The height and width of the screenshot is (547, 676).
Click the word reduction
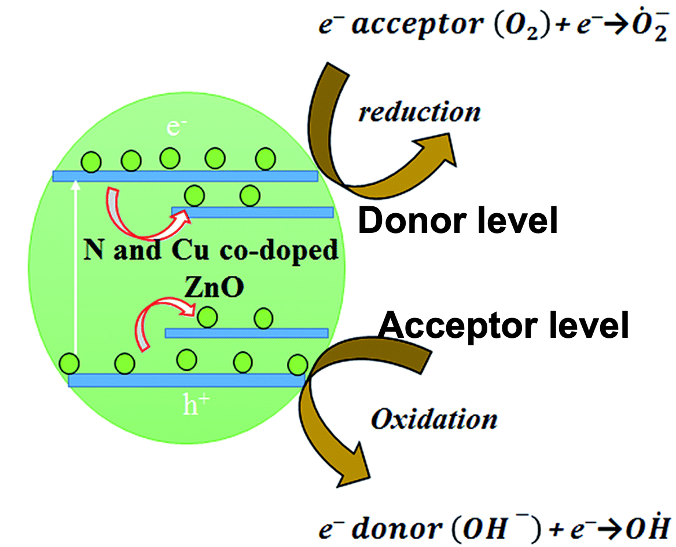pyautogui.click(x=419, y=112)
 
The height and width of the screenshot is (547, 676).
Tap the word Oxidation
pyautogui.click(x=434, y=419)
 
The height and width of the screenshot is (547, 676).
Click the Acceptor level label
pyautogui.click(x=503, y=325)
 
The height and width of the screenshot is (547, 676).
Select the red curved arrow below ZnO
pyautogui.click(x=156, y=324)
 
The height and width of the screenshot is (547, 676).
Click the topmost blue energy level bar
pyautogui.click(x=185, y=176)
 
